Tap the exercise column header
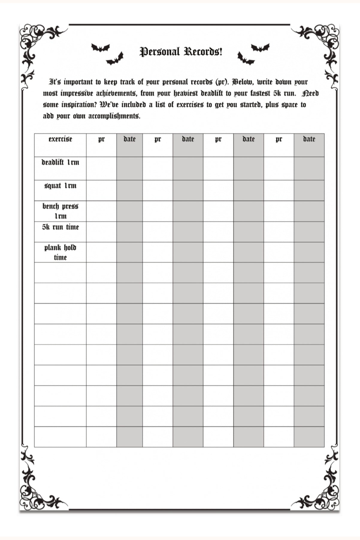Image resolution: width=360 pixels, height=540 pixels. pos(60,139)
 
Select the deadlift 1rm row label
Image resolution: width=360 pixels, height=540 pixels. pos(60,163)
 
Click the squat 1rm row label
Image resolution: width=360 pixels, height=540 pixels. pos(60,186)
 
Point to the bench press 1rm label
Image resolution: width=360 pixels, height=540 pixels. pos(60,211)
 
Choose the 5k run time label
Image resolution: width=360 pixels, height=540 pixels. pos(60,227)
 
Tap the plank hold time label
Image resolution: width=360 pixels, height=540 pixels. pos(60,252)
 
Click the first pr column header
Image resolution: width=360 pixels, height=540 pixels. pos(101,139)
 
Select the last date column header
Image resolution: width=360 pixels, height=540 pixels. pos(309,139)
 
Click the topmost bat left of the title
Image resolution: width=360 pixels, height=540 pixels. pos(100,48)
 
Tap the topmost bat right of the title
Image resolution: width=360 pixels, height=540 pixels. pos(260,47)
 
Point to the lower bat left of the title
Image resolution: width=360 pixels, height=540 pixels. pos(115,59)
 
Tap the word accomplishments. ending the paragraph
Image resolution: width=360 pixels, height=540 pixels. pos(114,116)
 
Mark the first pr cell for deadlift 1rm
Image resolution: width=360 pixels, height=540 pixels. pos(101,168)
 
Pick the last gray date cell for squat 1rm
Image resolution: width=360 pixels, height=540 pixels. pos(309,190)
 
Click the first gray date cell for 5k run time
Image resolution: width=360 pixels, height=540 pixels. pos(129,232)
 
